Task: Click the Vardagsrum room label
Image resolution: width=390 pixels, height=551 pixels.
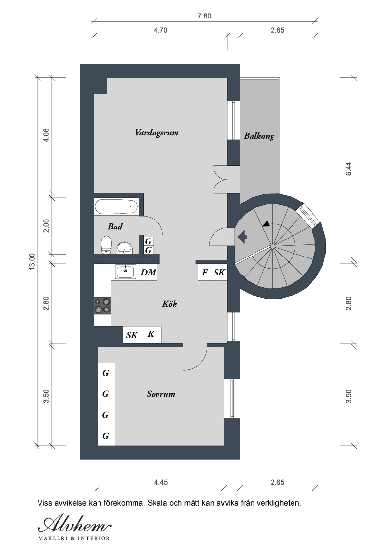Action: [x=156, y=133]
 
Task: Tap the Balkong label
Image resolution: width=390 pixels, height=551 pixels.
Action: [x=259, y=136]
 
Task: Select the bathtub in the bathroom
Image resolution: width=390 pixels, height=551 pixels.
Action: [x=117, y=206]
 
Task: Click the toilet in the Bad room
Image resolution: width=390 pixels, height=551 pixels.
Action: [x=106, y=245]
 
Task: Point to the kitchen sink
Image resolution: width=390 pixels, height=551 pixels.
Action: [x=125, y=272]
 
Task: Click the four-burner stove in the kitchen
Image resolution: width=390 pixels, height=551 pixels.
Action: [x=102, y=306]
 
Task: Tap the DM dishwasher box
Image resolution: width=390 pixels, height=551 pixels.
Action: [x=148, y=273]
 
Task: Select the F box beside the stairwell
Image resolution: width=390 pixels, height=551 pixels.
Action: [x=205, y=273]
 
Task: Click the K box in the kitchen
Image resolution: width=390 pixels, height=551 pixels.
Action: [x=151, y=334]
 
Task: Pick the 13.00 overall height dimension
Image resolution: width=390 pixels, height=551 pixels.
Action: [x=32, y=261]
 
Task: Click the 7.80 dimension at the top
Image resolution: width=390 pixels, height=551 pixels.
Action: [x=204, y=16]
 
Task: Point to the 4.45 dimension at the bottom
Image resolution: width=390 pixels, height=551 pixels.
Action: [x=160, y=482]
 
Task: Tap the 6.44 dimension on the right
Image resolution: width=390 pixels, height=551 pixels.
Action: [x=349, y=169]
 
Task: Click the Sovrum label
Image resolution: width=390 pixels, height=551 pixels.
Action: [x=161, y=394]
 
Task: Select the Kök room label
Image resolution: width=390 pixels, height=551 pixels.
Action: [x=169, y=304]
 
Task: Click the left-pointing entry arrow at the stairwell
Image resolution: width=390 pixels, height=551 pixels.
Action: [x=242, y=237]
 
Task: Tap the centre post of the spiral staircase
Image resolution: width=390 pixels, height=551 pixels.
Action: [x=273, y=246]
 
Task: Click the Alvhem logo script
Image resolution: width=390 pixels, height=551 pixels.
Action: [x=75, y=525]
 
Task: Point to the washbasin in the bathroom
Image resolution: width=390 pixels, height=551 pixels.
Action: [x=125, y=248]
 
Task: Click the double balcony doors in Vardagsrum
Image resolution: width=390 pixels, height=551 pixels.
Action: [x=220, y=179]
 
